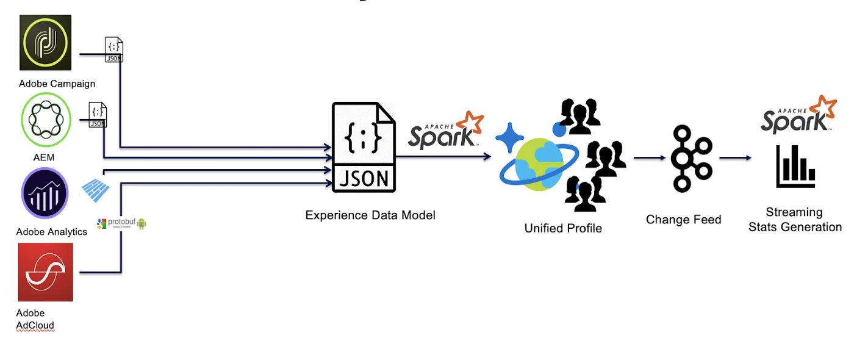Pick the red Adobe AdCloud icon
point(46,272)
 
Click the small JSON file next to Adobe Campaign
point(114,49)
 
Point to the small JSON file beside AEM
point(98,115)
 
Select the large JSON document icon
point(364,148)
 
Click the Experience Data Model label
point(370,215)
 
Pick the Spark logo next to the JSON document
point(446,131)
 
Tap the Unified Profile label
point(563,228)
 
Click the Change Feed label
point(683,220)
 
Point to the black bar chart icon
point(795,167)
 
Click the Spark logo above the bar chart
point(798,116)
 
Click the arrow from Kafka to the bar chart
point(734,158)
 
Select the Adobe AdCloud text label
point(35,319)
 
